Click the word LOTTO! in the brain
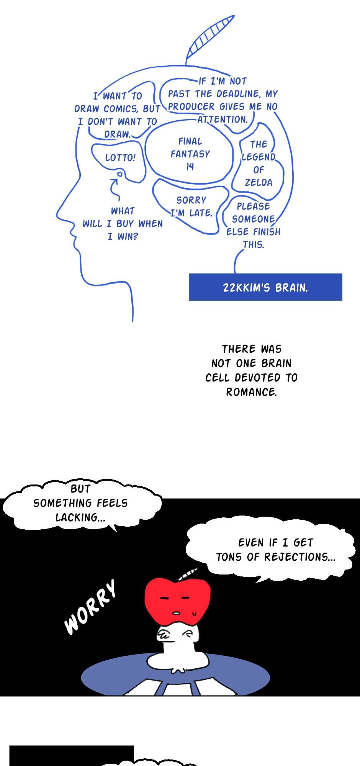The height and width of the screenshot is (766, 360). [x=120, y=157]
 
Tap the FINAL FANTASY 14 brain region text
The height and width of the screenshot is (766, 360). [x=190, y=154]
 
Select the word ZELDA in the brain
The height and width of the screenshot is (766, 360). [x=259, y=182]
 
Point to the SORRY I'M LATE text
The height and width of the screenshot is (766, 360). [x=191, y=206]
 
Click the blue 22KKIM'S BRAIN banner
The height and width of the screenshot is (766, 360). [x=265, y=287]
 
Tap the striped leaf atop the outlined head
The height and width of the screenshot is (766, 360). [x=210, y=39]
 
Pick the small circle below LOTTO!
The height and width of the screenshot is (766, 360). [x=119, y=174]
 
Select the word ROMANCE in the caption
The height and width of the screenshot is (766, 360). [x=250, y=392]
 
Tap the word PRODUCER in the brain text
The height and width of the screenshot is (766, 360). [x=191, y=106]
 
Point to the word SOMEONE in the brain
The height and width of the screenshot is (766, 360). [x=253, y=219]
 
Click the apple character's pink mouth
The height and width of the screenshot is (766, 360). [x=178, y=613]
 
